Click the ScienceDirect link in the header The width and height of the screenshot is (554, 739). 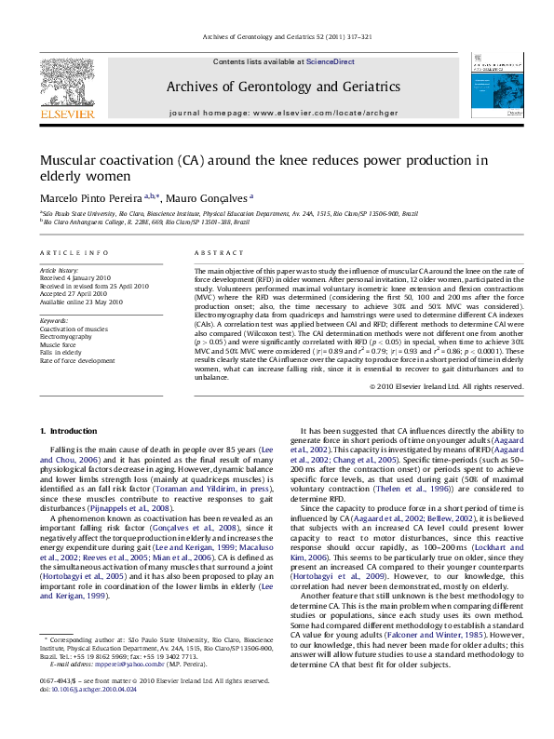click(x=331, y=61)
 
